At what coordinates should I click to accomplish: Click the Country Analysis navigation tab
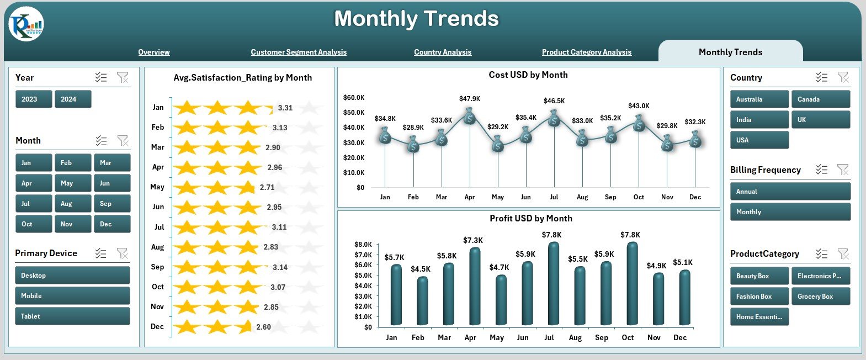tap(443, 52)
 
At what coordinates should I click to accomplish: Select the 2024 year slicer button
tap(73, 99)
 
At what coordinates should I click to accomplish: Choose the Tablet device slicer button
tap(72, 316)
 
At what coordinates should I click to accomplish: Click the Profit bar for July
tap(553, 284)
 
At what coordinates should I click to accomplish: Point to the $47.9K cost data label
tap(470, 99)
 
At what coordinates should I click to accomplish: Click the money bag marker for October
tap(639, 124)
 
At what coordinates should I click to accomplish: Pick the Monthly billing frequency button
tap(790, 212)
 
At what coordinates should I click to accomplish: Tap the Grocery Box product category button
tap(820, 297)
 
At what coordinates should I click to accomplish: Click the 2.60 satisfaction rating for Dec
tap(263, 327)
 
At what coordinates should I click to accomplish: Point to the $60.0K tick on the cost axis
tap(354, 98)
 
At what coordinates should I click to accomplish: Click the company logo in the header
tap(26, 24)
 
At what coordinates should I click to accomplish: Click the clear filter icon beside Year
tap(123, 78)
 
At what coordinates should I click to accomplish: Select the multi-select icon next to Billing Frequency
tap(821, 170)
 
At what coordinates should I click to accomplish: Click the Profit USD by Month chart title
tap(530, 219)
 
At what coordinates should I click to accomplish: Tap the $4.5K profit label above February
tap(421, 269)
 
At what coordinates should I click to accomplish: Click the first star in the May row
tap(187, 188)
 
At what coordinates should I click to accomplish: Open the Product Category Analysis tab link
tap(586, 52)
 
